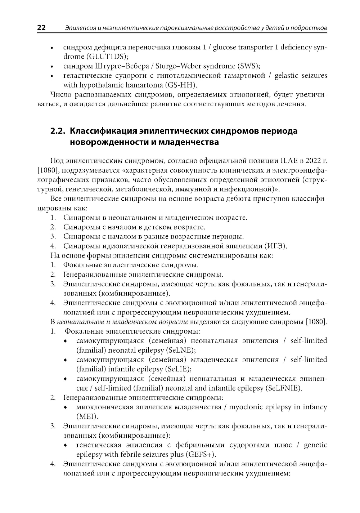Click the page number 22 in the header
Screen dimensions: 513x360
(x=41, y=27)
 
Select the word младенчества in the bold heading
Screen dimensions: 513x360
(x=188, y=142)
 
